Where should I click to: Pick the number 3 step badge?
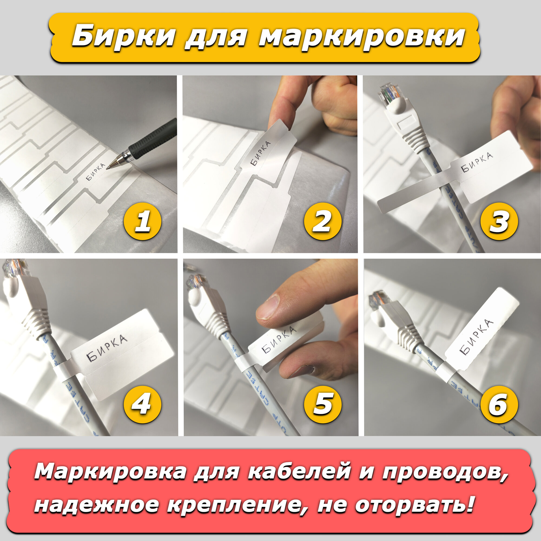point(499,222)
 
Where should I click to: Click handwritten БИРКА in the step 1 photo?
point(95,171)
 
